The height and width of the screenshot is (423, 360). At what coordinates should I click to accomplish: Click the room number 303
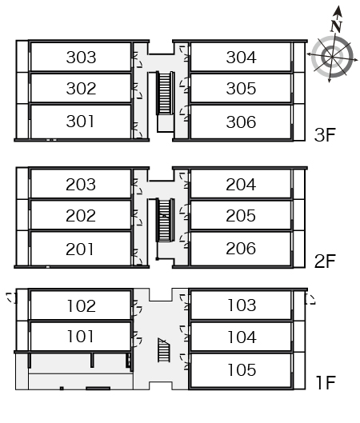(x=81, y=58)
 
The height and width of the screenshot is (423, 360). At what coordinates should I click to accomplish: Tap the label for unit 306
(x=241, y=122)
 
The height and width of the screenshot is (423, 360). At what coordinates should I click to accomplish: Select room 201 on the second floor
(x=80, y=249)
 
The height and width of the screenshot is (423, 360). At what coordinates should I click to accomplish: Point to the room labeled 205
(x=241, y=216)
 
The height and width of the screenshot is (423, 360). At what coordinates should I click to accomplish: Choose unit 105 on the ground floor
(x=242, y=369)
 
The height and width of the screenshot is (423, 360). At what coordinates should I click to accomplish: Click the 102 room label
(x=82, y=306)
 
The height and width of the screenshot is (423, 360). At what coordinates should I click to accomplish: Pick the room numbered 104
(x=242, y=337)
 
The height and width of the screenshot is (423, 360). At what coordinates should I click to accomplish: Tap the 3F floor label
(x=325, y=134)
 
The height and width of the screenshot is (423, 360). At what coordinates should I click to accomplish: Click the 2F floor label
(x=325, y=261)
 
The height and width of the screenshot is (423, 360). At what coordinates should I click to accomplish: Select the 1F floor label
(x=326, y=382)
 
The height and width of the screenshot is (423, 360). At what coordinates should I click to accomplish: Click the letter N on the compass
(x=336, y=26)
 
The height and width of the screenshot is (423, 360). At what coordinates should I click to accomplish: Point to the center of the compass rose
(x=332, y=57)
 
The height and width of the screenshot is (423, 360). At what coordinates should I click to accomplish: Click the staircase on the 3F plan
(x=165, y=93)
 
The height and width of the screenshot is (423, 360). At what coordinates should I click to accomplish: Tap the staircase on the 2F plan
(x=165, y=220)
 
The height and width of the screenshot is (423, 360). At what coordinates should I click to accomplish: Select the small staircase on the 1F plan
(x=163, y=350)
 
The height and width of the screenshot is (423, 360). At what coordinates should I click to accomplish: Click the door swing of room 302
(x=138, y=91)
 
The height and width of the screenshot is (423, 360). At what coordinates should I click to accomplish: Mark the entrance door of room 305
(x=184, y=85)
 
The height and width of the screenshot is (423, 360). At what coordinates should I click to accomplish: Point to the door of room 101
(x=137, y=339)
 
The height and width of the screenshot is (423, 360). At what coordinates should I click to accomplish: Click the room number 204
(x=241, y=185)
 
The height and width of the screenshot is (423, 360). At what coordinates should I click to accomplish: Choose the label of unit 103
(x=242, y=305)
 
